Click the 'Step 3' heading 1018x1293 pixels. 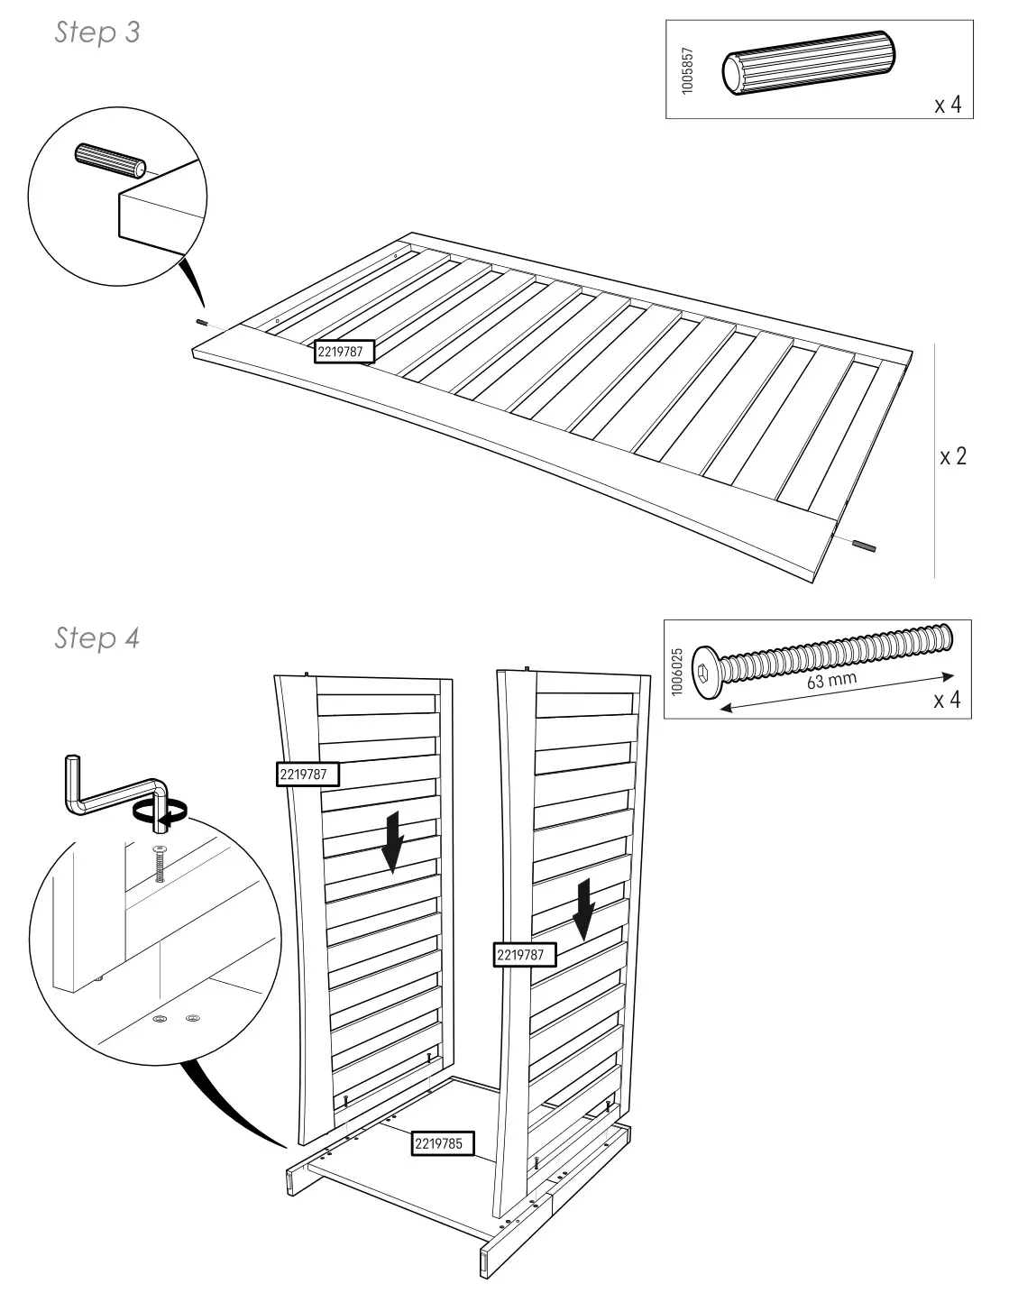(x=97, y=33)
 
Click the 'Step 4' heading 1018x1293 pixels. (x=97, y=638)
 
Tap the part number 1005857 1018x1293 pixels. (x=688, y=73)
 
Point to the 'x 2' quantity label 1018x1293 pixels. (x=953, y=456)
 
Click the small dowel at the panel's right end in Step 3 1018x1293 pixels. (x=863, y=545)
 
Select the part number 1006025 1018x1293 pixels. (x=677, y=670)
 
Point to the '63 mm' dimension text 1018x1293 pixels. (x=830, y=680)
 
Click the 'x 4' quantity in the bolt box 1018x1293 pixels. (x=947, y=700)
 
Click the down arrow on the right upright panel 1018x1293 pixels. (x=585, y=908)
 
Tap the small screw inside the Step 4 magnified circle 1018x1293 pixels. (x=160, y=866)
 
